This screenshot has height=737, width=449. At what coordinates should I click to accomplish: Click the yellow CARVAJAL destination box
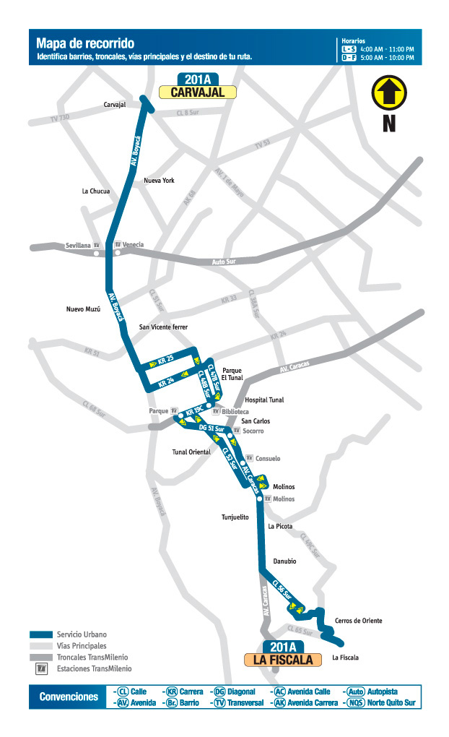199,92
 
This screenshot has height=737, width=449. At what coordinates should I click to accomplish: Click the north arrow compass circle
389,95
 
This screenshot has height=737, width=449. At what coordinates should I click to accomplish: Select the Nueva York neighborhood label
159,181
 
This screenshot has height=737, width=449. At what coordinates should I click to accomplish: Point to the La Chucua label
96,191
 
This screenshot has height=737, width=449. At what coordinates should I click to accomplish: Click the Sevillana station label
79,245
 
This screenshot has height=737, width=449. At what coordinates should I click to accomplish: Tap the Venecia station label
134,245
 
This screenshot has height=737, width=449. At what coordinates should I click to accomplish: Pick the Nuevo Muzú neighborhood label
83,309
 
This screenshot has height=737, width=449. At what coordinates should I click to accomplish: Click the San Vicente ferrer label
163,327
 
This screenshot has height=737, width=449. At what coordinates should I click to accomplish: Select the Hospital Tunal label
264,400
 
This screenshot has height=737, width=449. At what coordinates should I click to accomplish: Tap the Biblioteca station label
235,411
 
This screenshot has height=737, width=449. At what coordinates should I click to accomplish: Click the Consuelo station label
267,458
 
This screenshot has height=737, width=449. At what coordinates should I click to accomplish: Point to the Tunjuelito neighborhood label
235,517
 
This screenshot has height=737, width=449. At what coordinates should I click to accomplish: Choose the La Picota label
280,527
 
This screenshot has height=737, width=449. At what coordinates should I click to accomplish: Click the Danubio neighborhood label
284,561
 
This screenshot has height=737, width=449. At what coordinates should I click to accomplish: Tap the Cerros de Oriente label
358,621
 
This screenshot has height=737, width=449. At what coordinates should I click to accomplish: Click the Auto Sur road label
224,262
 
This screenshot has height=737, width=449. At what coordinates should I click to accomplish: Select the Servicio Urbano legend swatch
41,634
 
